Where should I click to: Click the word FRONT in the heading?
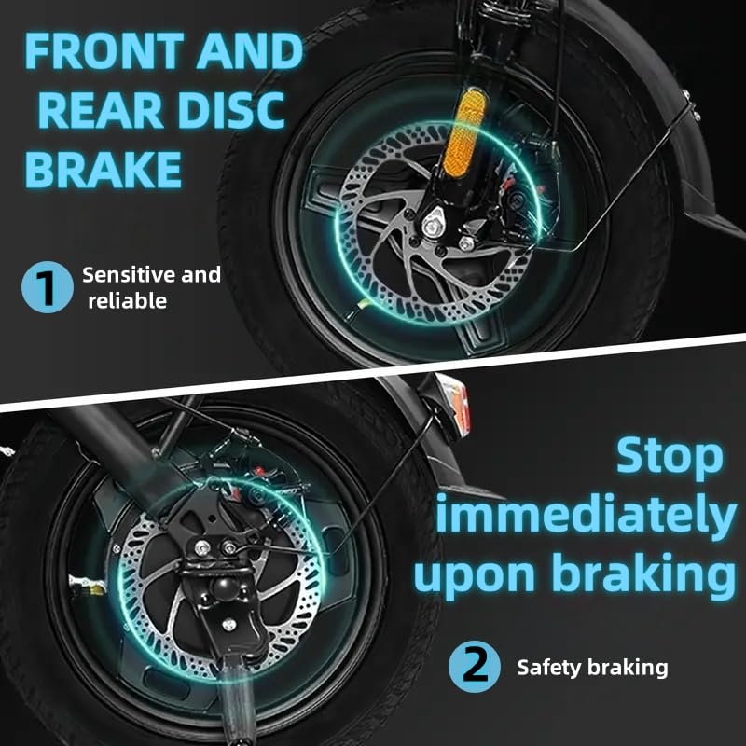104,51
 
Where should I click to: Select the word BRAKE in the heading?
104,170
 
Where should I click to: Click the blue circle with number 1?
48,287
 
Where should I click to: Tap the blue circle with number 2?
475,666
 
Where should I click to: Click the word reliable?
128,300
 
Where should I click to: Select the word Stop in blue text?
670,456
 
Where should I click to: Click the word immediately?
587,514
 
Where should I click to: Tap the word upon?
475,575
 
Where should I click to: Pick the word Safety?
549,667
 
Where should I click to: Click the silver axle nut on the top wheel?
434,225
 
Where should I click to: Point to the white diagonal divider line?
373,370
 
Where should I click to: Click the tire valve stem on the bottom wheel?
88,585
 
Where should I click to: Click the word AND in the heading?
250,51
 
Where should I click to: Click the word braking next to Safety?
628,667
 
